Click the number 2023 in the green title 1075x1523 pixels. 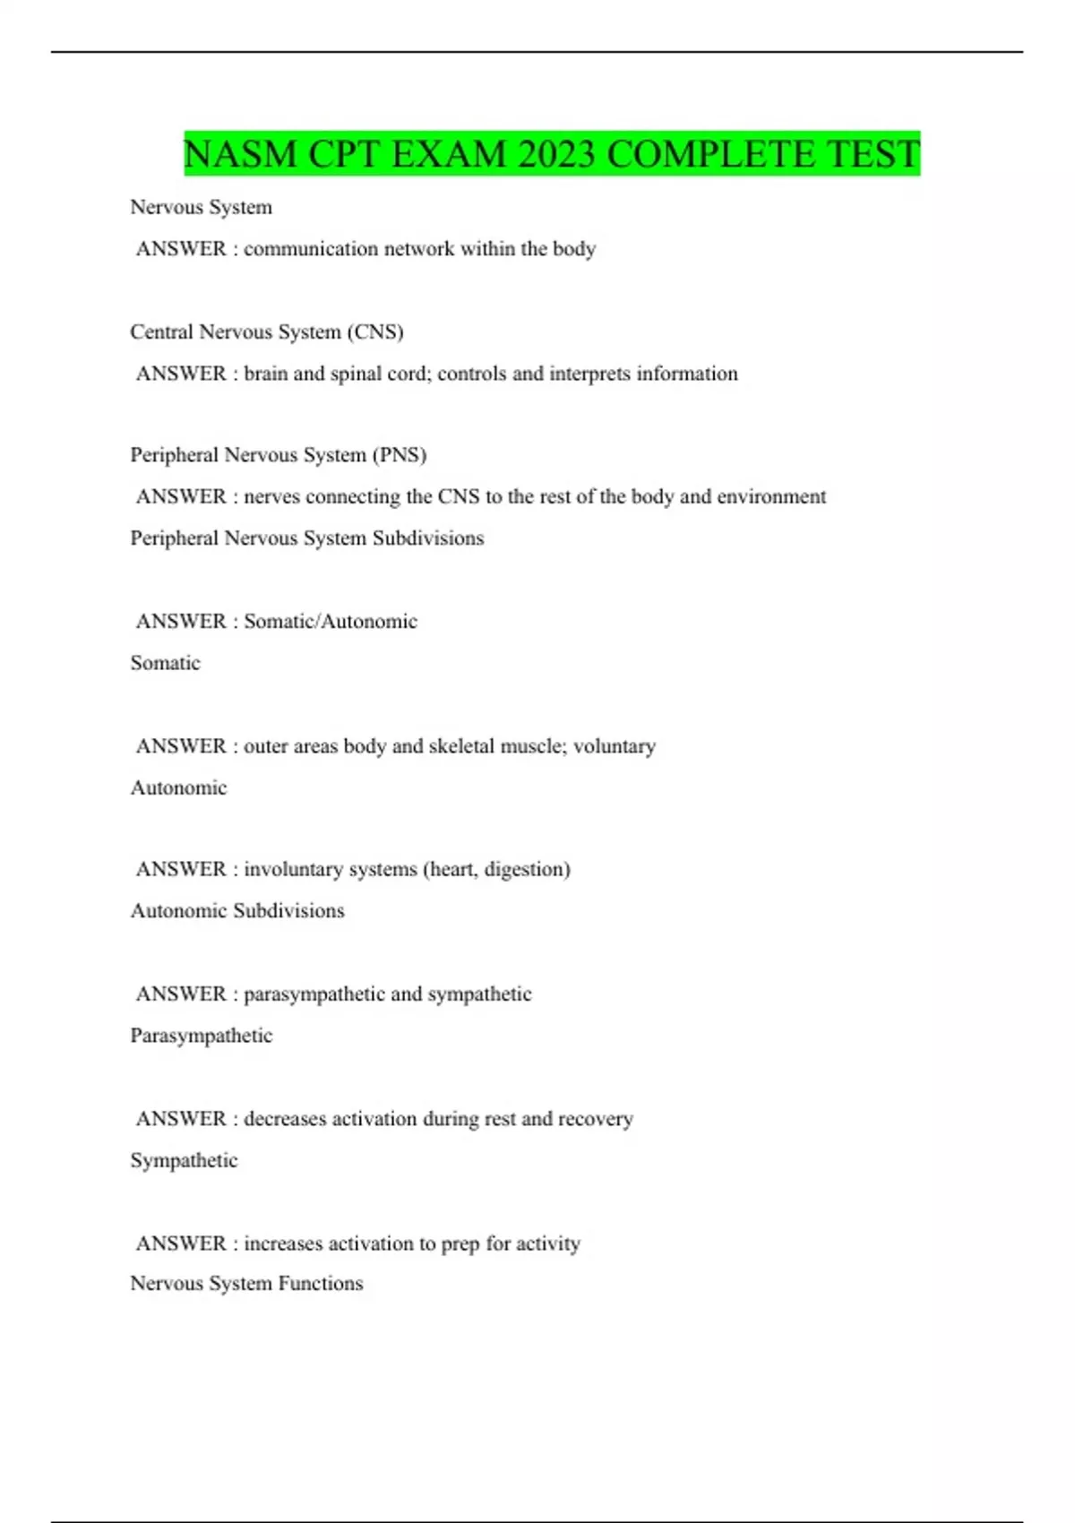coord(555,154)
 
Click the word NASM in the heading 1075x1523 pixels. coord(240,154)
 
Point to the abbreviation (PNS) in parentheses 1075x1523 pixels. coord(399,455)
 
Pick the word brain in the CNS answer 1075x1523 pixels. coord(265,374)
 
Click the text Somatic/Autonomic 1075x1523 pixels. coord(331,622)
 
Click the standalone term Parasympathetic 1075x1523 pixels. coord(202,1036)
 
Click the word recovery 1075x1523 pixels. coord(596,1119)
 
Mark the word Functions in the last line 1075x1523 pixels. coord(321,1284)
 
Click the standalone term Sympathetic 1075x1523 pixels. coord(184,1160)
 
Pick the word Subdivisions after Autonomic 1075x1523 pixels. coord(288,911)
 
